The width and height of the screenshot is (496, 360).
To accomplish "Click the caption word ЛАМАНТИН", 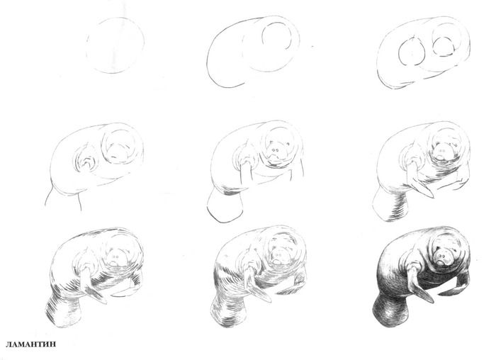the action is [30, 344].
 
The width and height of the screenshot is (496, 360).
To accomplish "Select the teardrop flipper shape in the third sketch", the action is [400, 52].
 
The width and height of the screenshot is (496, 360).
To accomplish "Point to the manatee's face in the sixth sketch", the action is [442, 151].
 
